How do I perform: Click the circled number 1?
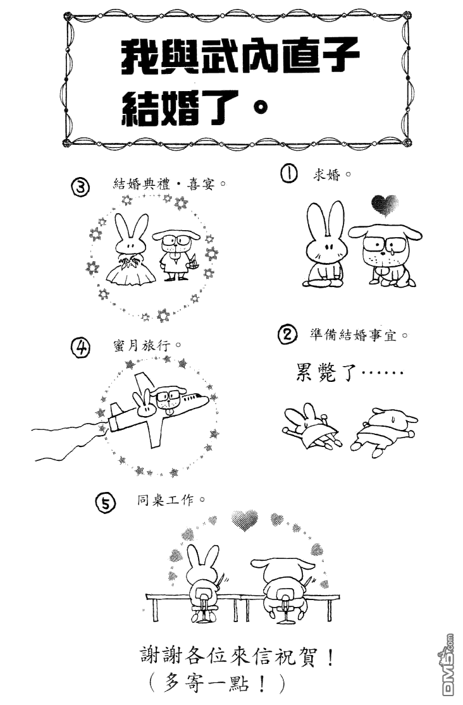click(289, 174)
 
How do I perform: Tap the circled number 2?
click(288, 335)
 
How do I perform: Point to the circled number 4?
click(80, 348)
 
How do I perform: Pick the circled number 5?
click(106, 503)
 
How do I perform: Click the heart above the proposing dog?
click(385, 205)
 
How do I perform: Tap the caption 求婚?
click(327, 175)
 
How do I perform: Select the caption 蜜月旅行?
click(142, 346)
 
